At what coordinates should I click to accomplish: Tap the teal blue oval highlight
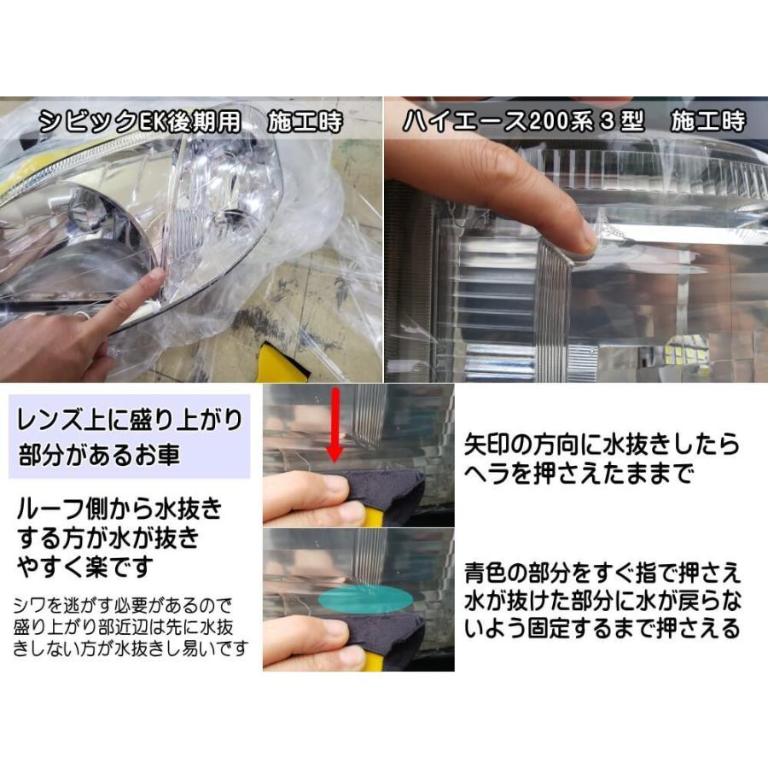tap(364, 598)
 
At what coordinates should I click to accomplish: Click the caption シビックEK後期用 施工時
tap(192, 122)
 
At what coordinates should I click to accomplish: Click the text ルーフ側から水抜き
tap(119, 511)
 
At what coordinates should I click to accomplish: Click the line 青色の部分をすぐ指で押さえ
tap(602, 571)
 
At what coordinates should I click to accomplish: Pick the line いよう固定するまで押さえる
tap(602, 630)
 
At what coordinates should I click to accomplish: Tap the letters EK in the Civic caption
tap(151, 122)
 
